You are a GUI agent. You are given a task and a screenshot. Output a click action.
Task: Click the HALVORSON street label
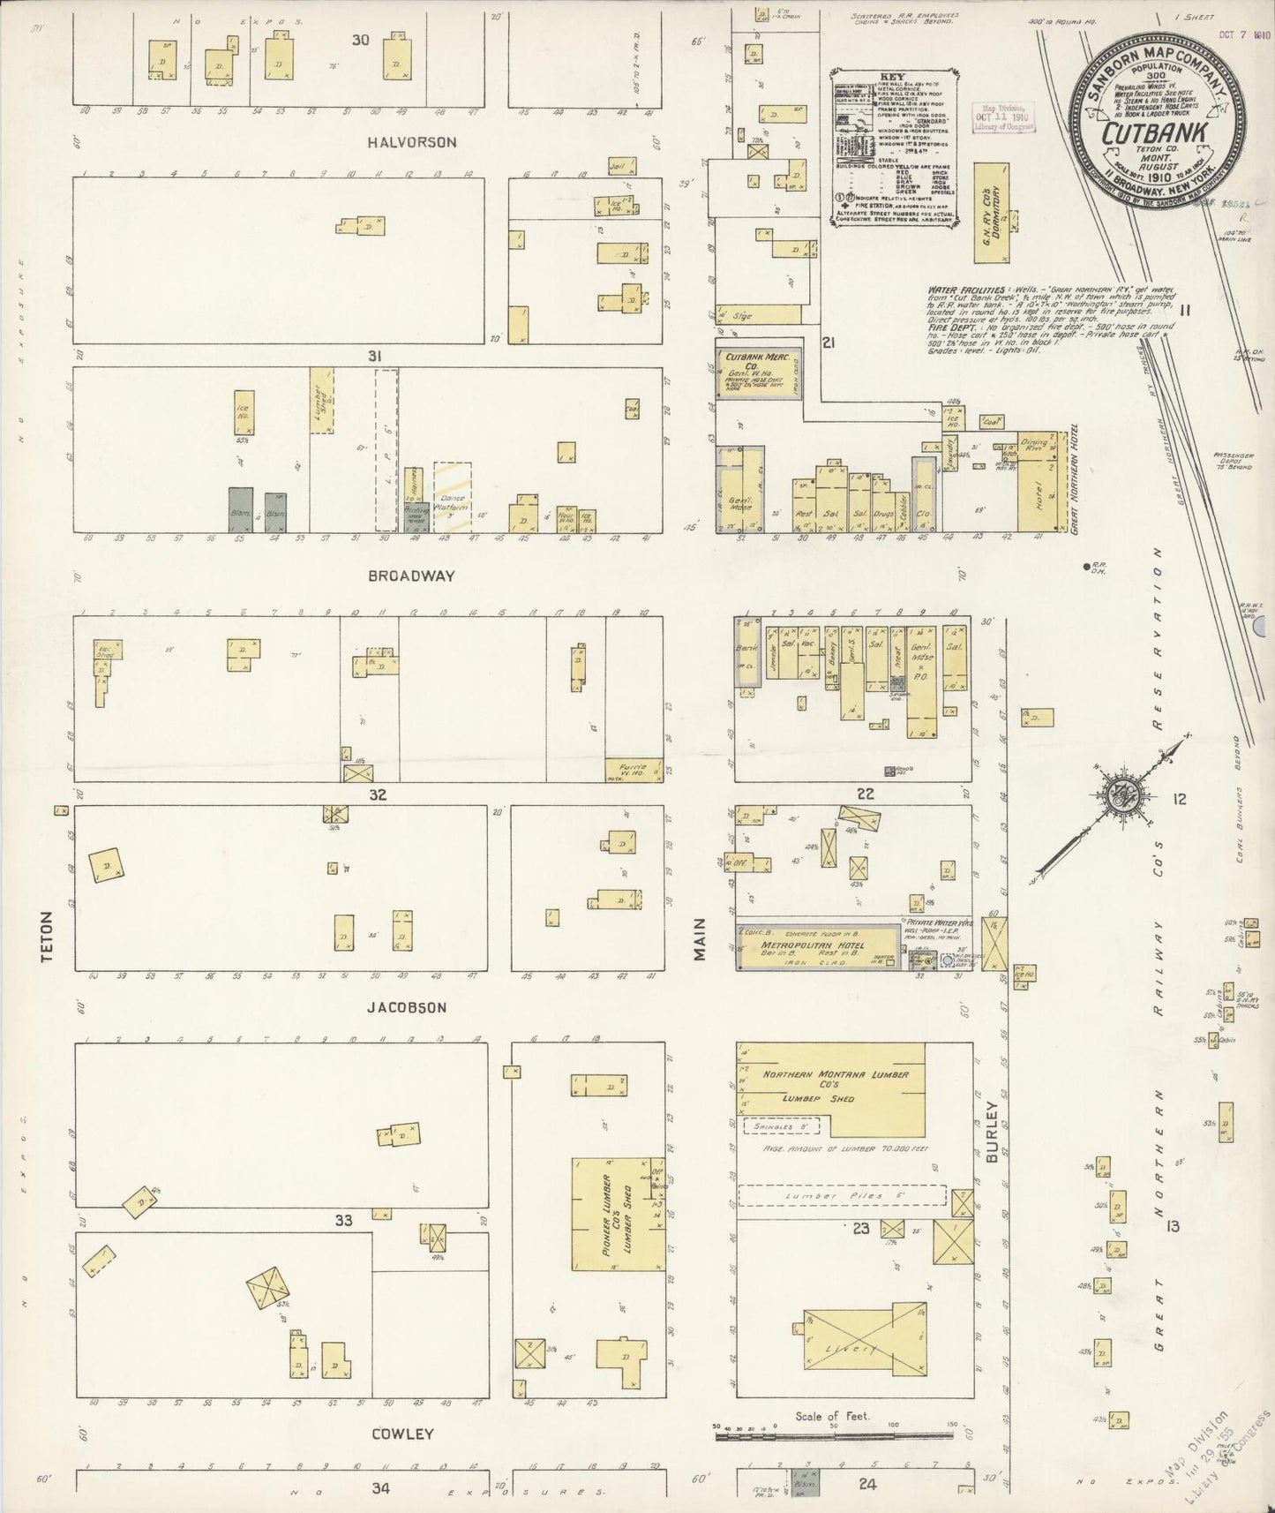[411, 142]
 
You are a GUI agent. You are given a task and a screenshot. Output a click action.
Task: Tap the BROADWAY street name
[411, 576]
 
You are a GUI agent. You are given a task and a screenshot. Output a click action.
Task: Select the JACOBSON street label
[407, 1007]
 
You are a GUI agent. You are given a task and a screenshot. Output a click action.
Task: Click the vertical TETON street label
[48, 937]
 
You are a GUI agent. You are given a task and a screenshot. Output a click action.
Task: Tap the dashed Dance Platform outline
[452, 499]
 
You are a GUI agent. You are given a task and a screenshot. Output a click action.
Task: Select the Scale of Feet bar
[834, 1437]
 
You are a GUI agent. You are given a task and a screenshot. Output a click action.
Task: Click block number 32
[378, 795]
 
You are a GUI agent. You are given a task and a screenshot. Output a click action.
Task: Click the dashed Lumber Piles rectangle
[842, 1196]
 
